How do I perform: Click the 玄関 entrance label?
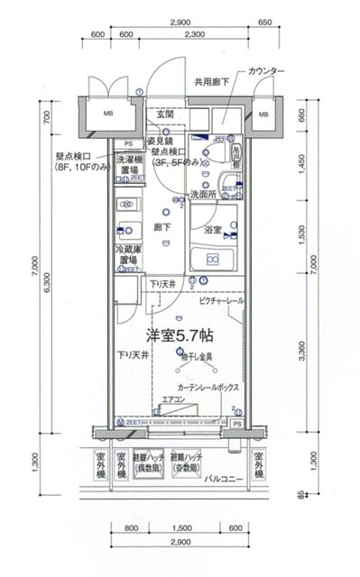[x=164, y=114]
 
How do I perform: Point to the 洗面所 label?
[x=202, y=194]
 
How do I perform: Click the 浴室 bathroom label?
[x=214, y=229]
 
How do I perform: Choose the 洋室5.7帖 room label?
[x=181, y=334]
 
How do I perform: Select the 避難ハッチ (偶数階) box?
[x=148, y=463]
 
